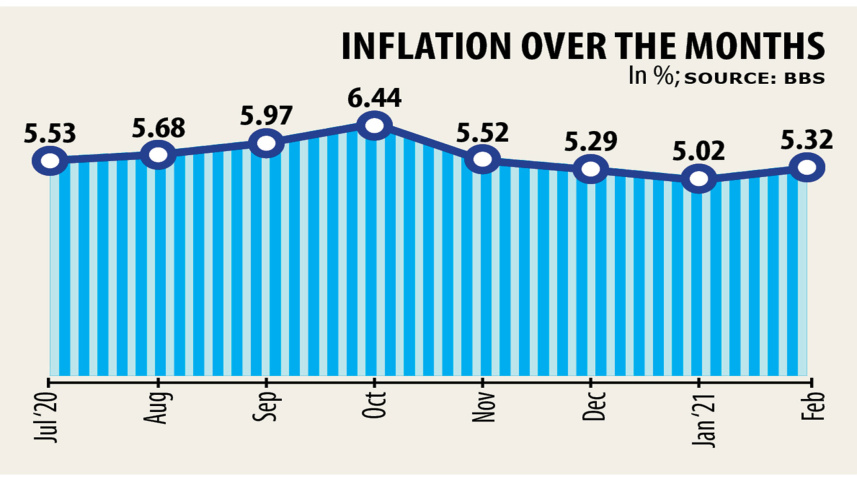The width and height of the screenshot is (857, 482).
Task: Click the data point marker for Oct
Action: (x=374, y=126)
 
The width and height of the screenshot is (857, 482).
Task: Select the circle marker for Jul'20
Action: (x=49, y=160)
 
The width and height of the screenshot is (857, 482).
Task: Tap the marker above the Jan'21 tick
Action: (x=699, y=180)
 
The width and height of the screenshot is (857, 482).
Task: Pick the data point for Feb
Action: (x=807, y=168)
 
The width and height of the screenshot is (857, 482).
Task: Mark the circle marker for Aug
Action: (x=158, y=154)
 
